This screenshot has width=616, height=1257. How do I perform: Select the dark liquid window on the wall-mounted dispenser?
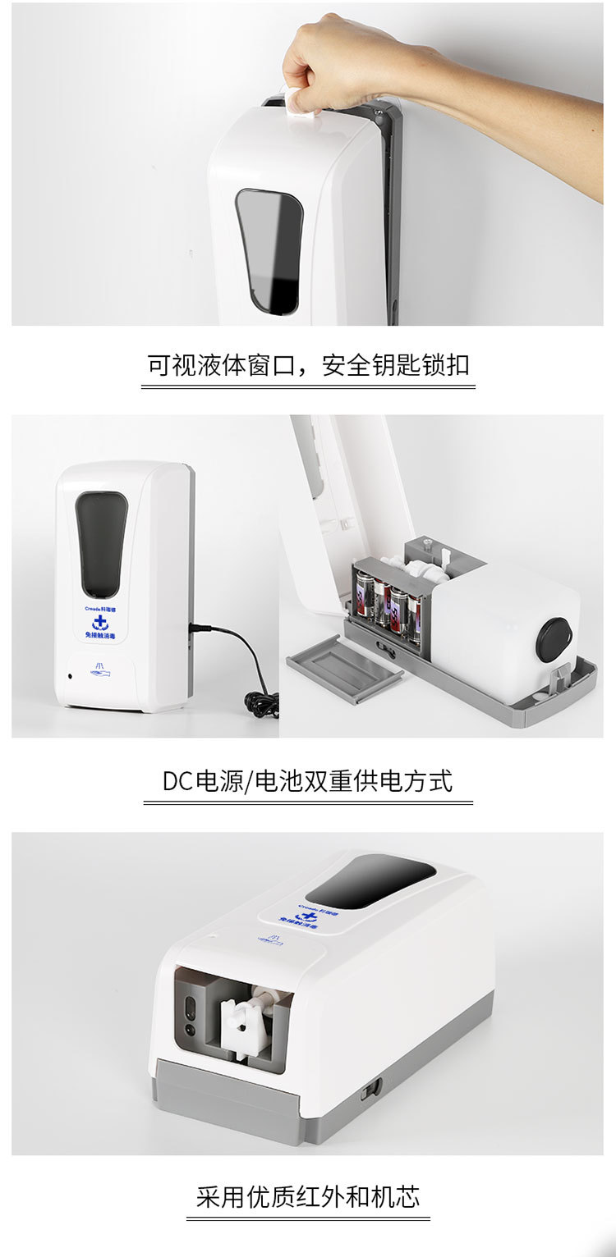click(x=270, y=249)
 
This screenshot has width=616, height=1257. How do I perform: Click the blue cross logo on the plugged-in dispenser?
click(x=100, y=623)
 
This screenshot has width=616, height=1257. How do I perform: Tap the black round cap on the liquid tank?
click(x=554, y=639)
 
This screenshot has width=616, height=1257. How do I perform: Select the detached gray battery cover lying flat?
click(x=345, y=672)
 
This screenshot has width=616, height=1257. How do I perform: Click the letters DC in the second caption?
click(x=177, y=780)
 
